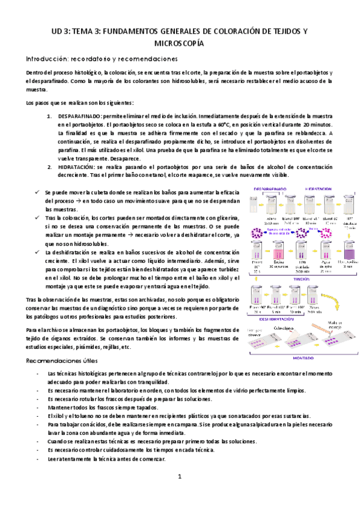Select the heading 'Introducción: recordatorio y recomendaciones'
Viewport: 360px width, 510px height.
101,59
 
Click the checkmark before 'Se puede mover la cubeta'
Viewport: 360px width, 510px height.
37,192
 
